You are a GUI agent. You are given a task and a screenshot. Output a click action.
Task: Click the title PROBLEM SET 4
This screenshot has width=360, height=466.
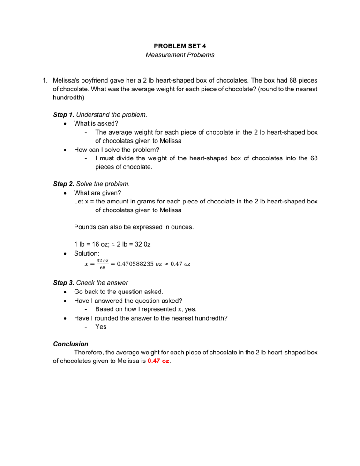click(180, 46)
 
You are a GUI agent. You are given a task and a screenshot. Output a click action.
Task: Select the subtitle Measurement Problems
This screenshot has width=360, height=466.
click(180, 55)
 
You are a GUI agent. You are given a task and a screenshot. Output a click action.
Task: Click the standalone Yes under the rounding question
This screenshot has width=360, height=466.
click(101, 326)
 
